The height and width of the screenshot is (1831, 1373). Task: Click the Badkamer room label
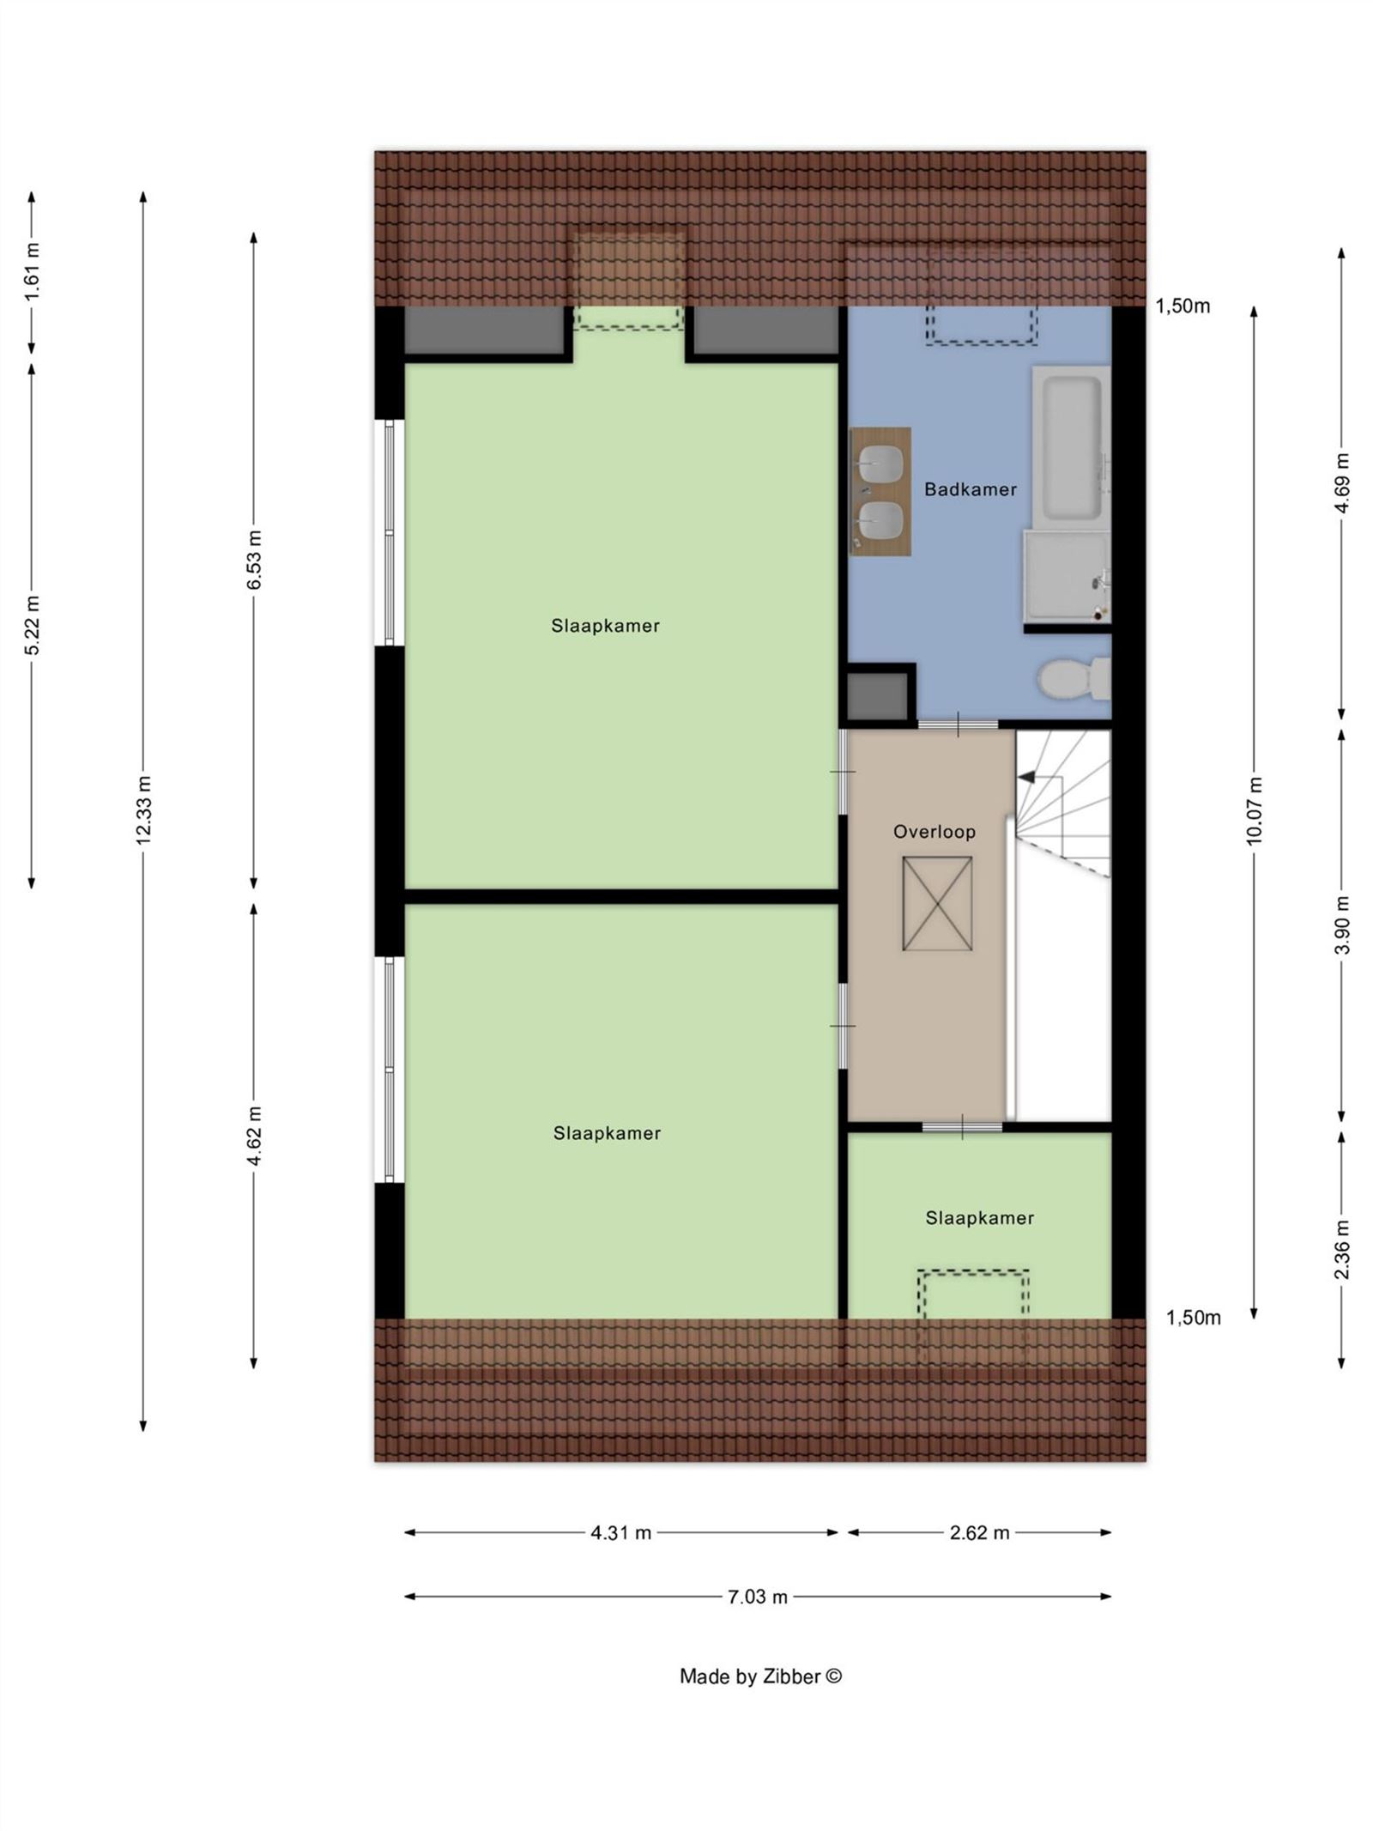pyautogui.click(x=970, y=489)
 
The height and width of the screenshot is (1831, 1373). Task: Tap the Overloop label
pyautogui.click(x=934, y=831)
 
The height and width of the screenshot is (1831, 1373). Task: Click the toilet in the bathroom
pyautogui.click(x=1073, y=678)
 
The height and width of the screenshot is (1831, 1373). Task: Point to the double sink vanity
pyautogui.click(x=880, y=491)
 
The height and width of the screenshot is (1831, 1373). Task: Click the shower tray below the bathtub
pyautogui.click(x=1066, y=575)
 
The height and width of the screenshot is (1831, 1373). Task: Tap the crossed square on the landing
pyautogui.click(x=936, y=903)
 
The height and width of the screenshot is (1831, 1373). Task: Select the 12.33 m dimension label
pyautogui.click(x=143, y=809)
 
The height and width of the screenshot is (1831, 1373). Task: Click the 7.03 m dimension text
pyautogui.click(x=757, y=1597)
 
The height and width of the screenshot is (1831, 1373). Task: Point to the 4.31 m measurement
pyautogui.click(x=620, y=1532)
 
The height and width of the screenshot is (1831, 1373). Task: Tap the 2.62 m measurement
pyautogui.click(x=979, y=1532)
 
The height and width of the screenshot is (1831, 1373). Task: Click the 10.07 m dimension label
pyautogui.click(x=1254, y=810)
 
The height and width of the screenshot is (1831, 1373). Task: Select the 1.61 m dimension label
pyautogui.click(x=32, y=271)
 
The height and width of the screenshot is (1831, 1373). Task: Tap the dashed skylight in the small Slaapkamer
pyautogui.click(x=972, y=1296)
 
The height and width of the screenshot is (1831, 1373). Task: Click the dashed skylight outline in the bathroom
pyautogui.click(x=981, y=325)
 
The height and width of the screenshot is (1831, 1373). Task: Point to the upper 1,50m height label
pyautogui.click(x=1182, y=306)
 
